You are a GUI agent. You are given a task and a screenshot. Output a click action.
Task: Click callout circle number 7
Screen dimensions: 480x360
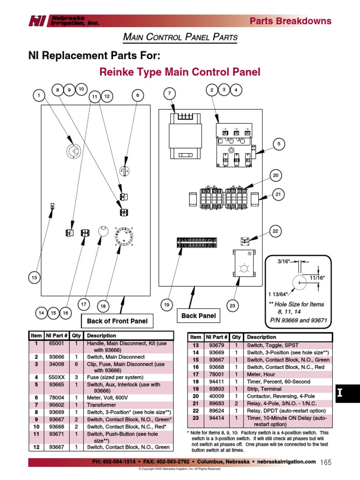[169, 94]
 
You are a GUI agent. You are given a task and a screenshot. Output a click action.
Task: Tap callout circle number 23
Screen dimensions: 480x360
[232, 306]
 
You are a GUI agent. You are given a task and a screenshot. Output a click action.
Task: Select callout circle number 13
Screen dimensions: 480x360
[34, 278]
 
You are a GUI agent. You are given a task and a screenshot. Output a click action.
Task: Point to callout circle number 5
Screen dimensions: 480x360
[278, 144]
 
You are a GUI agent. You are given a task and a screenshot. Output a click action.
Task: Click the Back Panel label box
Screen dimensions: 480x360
[199, 316]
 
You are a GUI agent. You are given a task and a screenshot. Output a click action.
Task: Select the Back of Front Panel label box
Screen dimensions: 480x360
[117, 321]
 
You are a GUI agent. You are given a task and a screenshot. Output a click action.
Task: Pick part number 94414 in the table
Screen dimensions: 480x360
[216, 418]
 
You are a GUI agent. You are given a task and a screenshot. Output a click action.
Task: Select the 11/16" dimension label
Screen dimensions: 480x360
[317, 278]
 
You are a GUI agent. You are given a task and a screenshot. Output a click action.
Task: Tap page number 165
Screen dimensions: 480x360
[326, 463]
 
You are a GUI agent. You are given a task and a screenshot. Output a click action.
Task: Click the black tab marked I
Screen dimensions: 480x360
[347, 394]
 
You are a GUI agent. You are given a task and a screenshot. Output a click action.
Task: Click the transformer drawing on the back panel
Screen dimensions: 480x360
[186, 136]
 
